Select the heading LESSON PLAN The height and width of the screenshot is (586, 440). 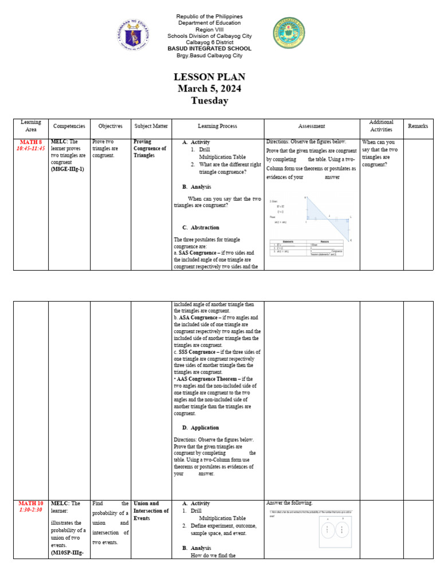[x=209, y=77]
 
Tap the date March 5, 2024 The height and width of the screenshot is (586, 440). [x=209, y=89]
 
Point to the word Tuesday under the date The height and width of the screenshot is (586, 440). [x=209, y=101]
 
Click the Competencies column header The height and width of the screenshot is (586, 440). [x=69, y=126]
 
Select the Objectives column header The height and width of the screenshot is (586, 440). [x=110, y=126]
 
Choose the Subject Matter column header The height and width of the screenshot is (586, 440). [x=151, y=126]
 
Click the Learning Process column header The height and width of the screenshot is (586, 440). [x=217, y=126]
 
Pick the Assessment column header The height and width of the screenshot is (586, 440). [x=312, y=126]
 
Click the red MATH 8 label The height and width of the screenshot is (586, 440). [x=31, y=141]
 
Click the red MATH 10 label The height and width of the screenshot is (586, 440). [x=31, y=503]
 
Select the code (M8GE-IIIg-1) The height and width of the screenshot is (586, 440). [x=68, y=169]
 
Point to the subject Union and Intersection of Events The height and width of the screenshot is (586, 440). [x=151, y=510]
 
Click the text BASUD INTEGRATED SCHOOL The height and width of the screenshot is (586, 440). [x=209, y=49]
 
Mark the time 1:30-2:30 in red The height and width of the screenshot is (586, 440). [x=31, y=510]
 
